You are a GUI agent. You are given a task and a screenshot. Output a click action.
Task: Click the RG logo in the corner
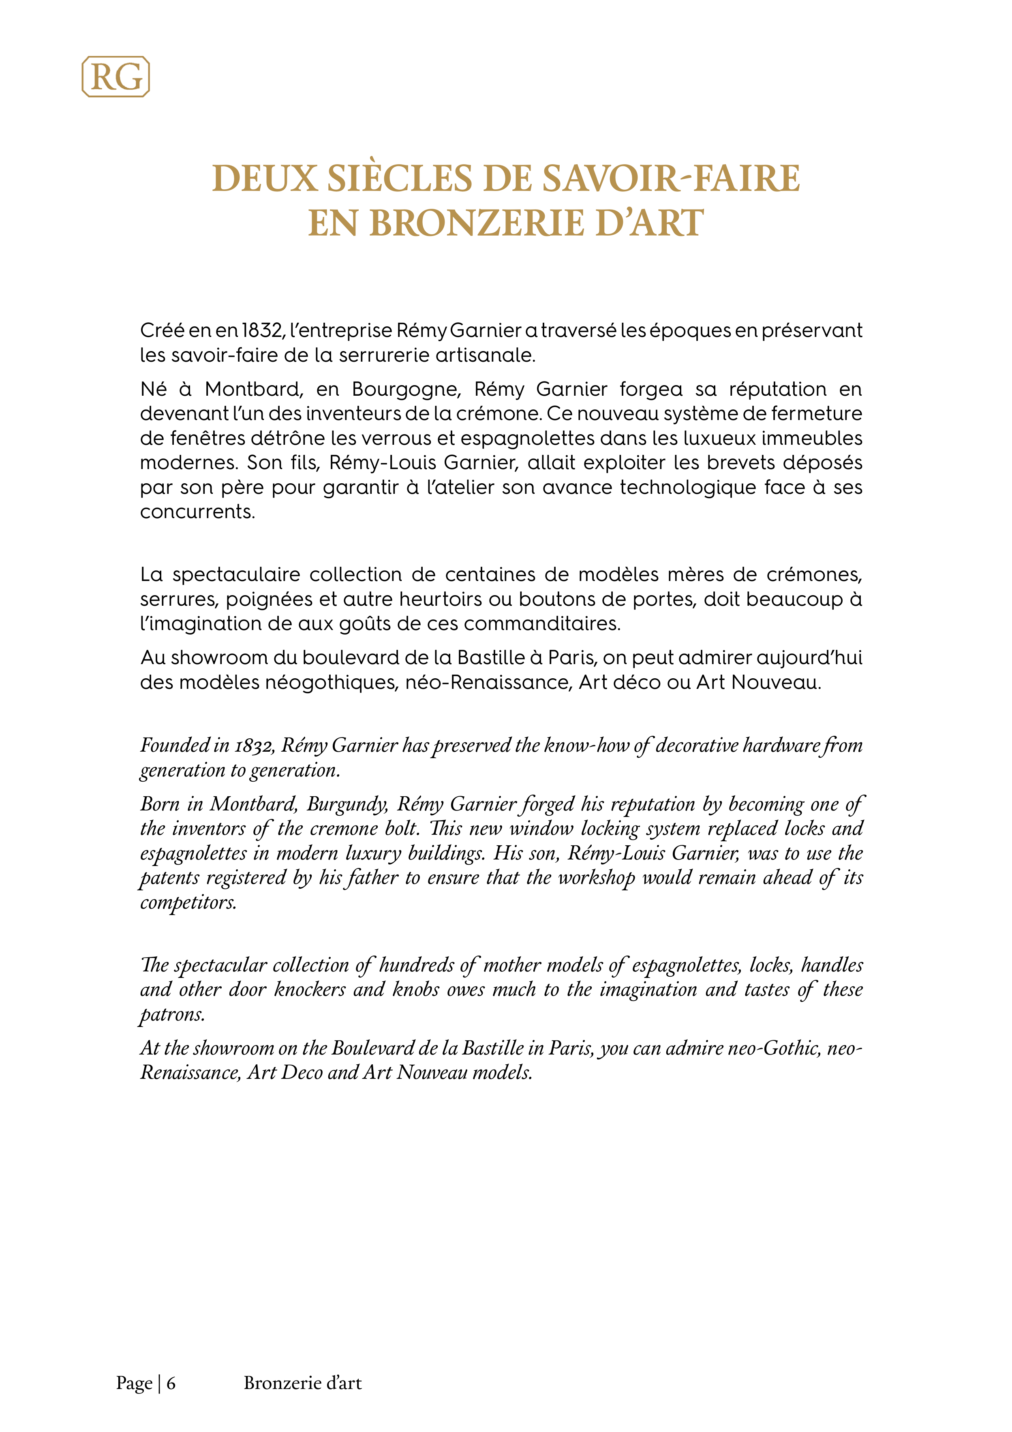tap(116, 77)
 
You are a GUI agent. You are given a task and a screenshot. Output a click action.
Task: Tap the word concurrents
tap(197, 512)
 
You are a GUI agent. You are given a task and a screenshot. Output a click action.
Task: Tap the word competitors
tap(188, 903)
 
